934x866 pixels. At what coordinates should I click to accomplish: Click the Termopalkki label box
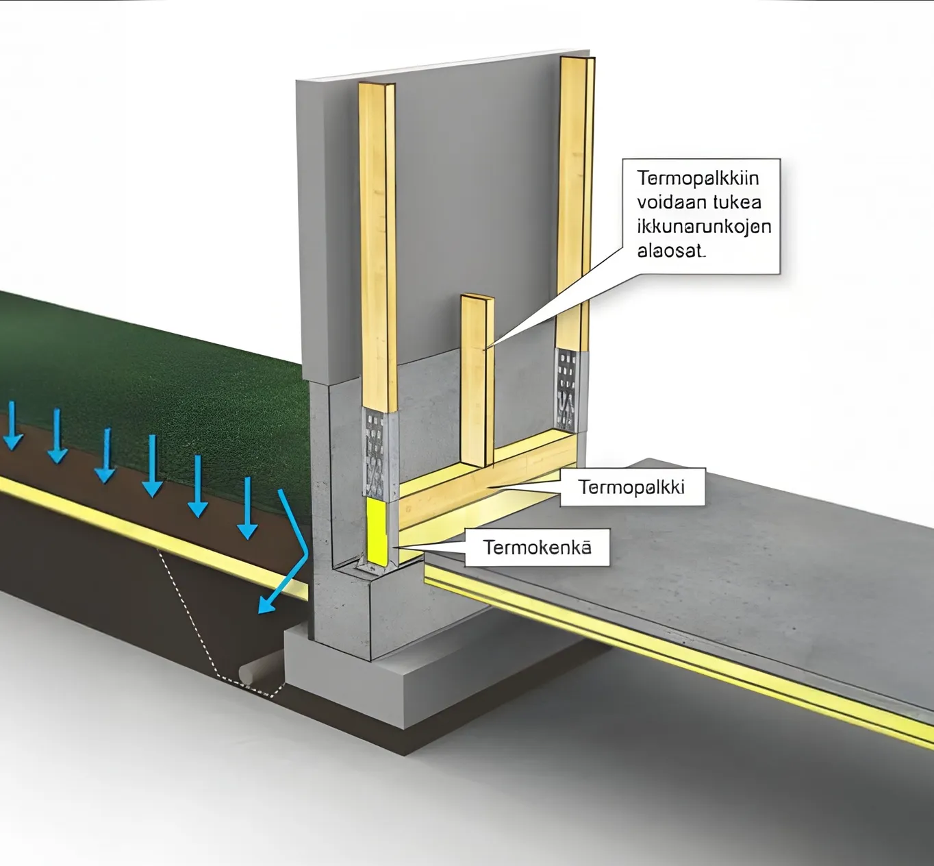[631, 487]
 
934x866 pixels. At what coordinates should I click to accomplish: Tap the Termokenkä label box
[537, 547]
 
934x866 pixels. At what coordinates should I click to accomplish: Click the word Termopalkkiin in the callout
[698, 178]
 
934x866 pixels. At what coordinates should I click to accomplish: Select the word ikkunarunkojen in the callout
[704, 227]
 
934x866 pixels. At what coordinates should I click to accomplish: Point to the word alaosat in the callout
[670, 251]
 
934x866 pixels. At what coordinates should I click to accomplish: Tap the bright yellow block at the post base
[377, 532]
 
